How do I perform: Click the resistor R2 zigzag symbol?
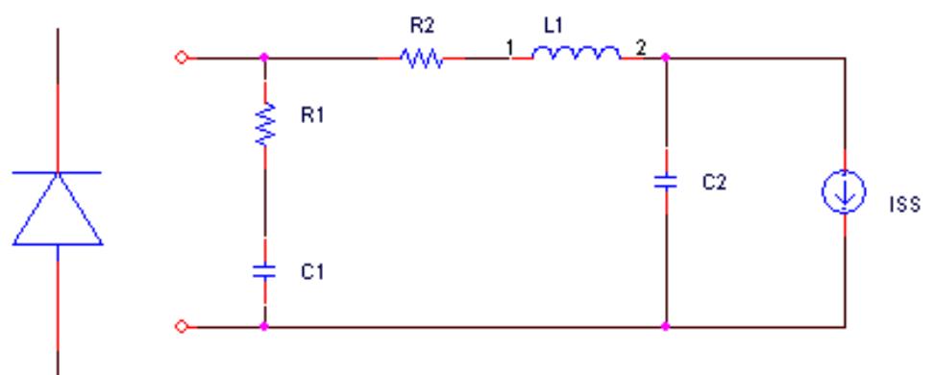click(x=424, y=59)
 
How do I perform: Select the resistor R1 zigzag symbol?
click(x=265, y=125)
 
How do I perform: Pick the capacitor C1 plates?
click(x=265, y=273)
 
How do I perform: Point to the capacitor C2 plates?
click(x=665, y=183)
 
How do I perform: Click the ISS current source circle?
click(x=845, y=193)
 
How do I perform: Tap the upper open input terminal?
click(x=176, y=59)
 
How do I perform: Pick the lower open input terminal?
click(x=176, y=327)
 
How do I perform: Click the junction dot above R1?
click(x=265, y=59)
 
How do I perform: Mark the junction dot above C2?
click(x=665, y=59)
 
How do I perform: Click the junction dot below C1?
click(x=265, y=327)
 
